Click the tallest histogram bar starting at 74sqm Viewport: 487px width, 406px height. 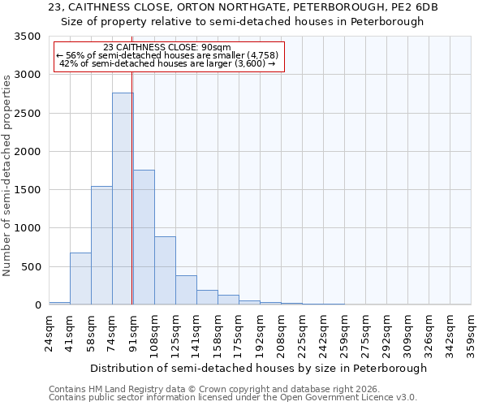pos(123,199)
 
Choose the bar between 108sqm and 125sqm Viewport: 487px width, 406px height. pos(165,270)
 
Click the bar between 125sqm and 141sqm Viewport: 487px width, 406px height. pos(186,290)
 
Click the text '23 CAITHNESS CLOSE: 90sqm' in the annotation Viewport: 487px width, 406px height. pos(168,47)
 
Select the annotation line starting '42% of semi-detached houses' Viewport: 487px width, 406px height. pos(168,63)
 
